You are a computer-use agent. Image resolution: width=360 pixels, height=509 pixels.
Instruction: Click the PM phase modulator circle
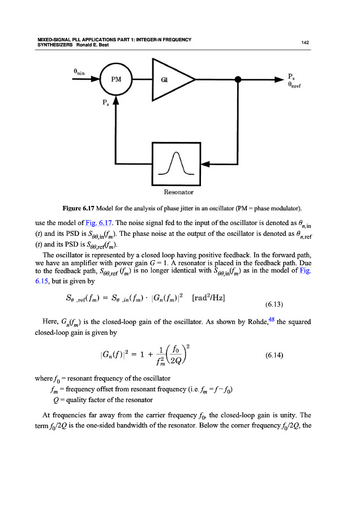116,80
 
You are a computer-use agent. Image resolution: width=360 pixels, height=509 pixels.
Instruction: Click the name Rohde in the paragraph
253,322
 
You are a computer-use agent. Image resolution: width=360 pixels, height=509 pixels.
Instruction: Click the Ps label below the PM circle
106,103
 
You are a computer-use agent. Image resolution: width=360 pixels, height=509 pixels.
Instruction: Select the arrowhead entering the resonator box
207,164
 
